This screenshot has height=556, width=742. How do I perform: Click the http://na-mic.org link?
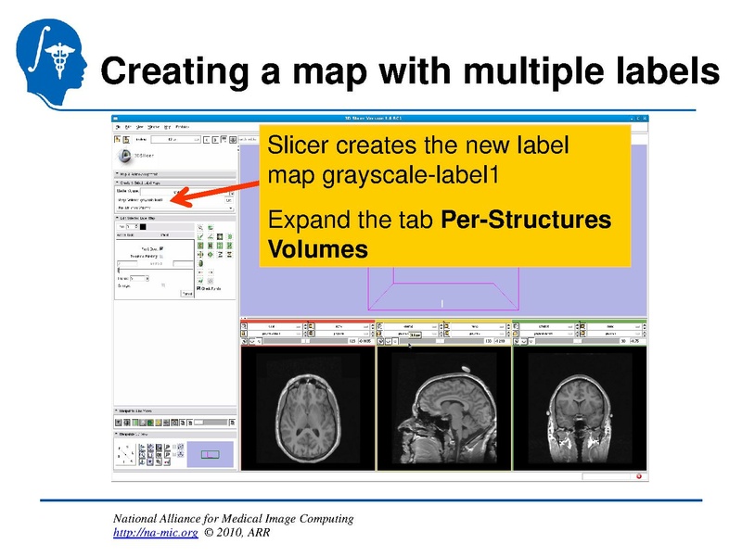tap(154, 534)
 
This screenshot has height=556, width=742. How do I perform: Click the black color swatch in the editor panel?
tap(144, 227)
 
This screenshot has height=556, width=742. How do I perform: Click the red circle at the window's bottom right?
tap(639, 476)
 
